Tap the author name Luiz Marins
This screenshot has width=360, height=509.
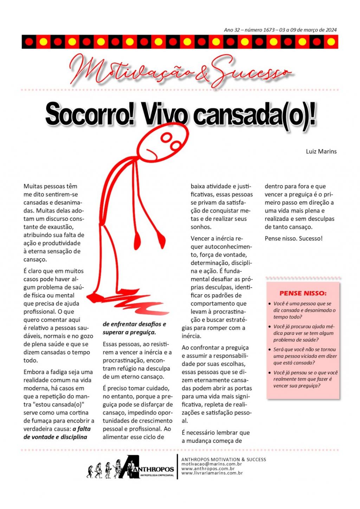321,152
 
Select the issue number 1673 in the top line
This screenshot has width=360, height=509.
269,30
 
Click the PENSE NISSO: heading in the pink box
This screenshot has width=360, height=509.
303,293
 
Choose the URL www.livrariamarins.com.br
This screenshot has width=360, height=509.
212,473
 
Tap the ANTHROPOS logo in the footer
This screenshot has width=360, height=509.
148,468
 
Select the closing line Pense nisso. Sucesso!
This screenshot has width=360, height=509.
294,238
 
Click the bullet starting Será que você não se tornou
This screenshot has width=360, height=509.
304,356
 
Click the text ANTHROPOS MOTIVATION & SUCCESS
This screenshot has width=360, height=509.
224,459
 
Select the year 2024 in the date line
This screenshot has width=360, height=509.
331,30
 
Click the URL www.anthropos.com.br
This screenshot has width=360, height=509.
208,469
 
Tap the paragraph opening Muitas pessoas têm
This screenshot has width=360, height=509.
50,186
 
